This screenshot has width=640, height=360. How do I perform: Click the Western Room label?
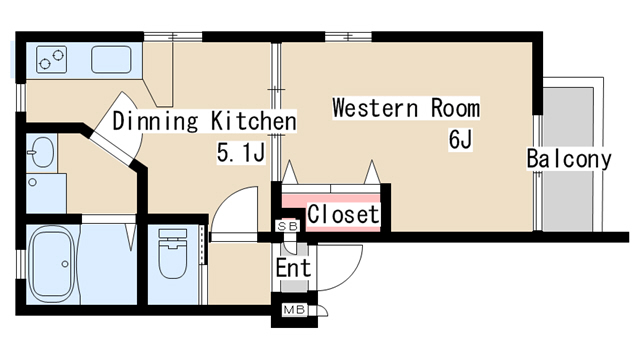pyautogui.click(x=406, y=108)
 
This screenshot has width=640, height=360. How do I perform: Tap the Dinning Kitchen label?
pyautogui.click(x=204, y=121)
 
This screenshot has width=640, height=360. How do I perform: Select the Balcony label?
pyautogui.click(x=569, y=159)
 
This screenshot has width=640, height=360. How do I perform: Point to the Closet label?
pyautogui.click(x=343, y=214)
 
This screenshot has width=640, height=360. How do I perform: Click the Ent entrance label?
pyautogui.click(x=293, y=268)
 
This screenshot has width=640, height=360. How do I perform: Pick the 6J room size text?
pyautogui.click(x=460, y=140)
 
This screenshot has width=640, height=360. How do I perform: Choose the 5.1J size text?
pyautogui.click(x=241, y=153)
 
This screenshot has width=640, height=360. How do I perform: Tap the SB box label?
pyautogui.click(x=288, y=226)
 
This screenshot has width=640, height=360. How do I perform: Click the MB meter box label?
pyautogui.click(x=294, y=310)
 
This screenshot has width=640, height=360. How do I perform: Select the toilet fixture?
pyautogui.click(x=173, y=254)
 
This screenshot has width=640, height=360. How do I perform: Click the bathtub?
pyautogui.click(x=52, y=264)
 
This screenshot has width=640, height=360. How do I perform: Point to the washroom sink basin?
pyautogui.click(x=42, y=152)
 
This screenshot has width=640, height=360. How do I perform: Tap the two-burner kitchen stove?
pyautogui.click(x=51, y=60)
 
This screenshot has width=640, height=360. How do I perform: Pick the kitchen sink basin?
pyautogui.click(x=111, y=60)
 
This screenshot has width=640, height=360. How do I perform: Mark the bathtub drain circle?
pyautogui.click(x=64, y=264)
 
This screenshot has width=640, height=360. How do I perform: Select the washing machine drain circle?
pyautogui.click(x=32, y=182)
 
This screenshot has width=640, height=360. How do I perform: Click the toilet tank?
pyautogui.click(x=173, y=234)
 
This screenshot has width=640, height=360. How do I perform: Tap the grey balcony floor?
pyautogui.click(x=568, y=160)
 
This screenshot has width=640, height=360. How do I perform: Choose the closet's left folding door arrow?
pyautogui.click(x=290, y=172)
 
